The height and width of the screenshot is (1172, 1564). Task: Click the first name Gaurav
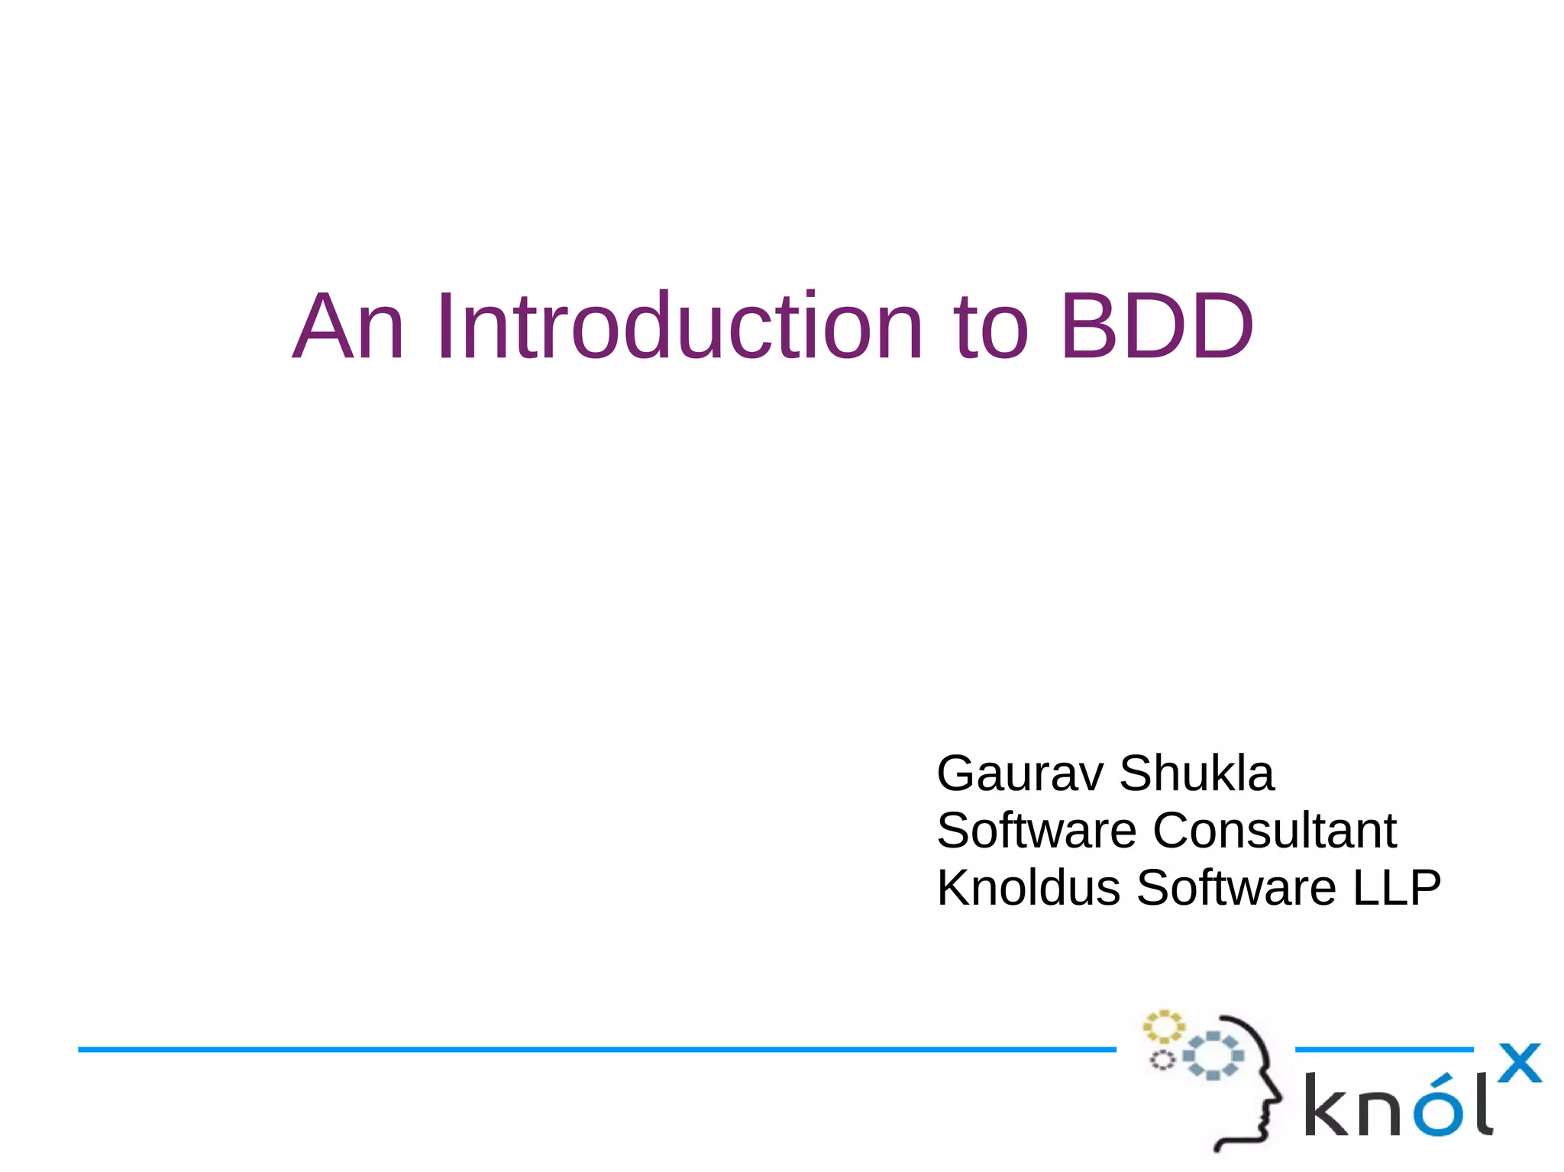tap(1020, 773)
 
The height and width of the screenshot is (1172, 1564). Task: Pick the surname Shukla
tap(1197, 773)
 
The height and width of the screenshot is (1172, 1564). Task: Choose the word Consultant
tap(1275, 831)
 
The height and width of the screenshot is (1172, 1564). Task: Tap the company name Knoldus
tap(1028, 888)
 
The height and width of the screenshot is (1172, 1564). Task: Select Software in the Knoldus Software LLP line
tap(1236, 888)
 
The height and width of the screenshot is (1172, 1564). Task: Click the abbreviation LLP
tap(1397, 888)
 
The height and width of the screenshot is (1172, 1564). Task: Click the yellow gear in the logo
tap(1162, 1027)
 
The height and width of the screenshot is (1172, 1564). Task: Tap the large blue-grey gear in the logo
tap(1213, 1056)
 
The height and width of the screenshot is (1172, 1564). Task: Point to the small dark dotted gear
tap(1162, 1060)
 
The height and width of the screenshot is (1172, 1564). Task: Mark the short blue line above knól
tap(1384, 1050)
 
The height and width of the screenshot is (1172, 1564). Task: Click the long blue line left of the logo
tap(596, 1050)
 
